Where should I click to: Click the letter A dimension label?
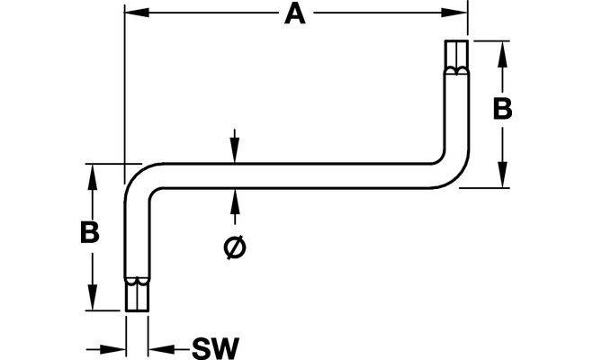(x=294, y=14)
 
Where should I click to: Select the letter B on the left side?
(x=88, y=232)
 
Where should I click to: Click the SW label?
(x=212, y=346)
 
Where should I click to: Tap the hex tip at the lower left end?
(x=135, y=293)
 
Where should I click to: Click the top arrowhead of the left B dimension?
(x=88, y=172)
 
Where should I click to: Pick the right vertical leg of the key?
(x=456, y=117)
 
